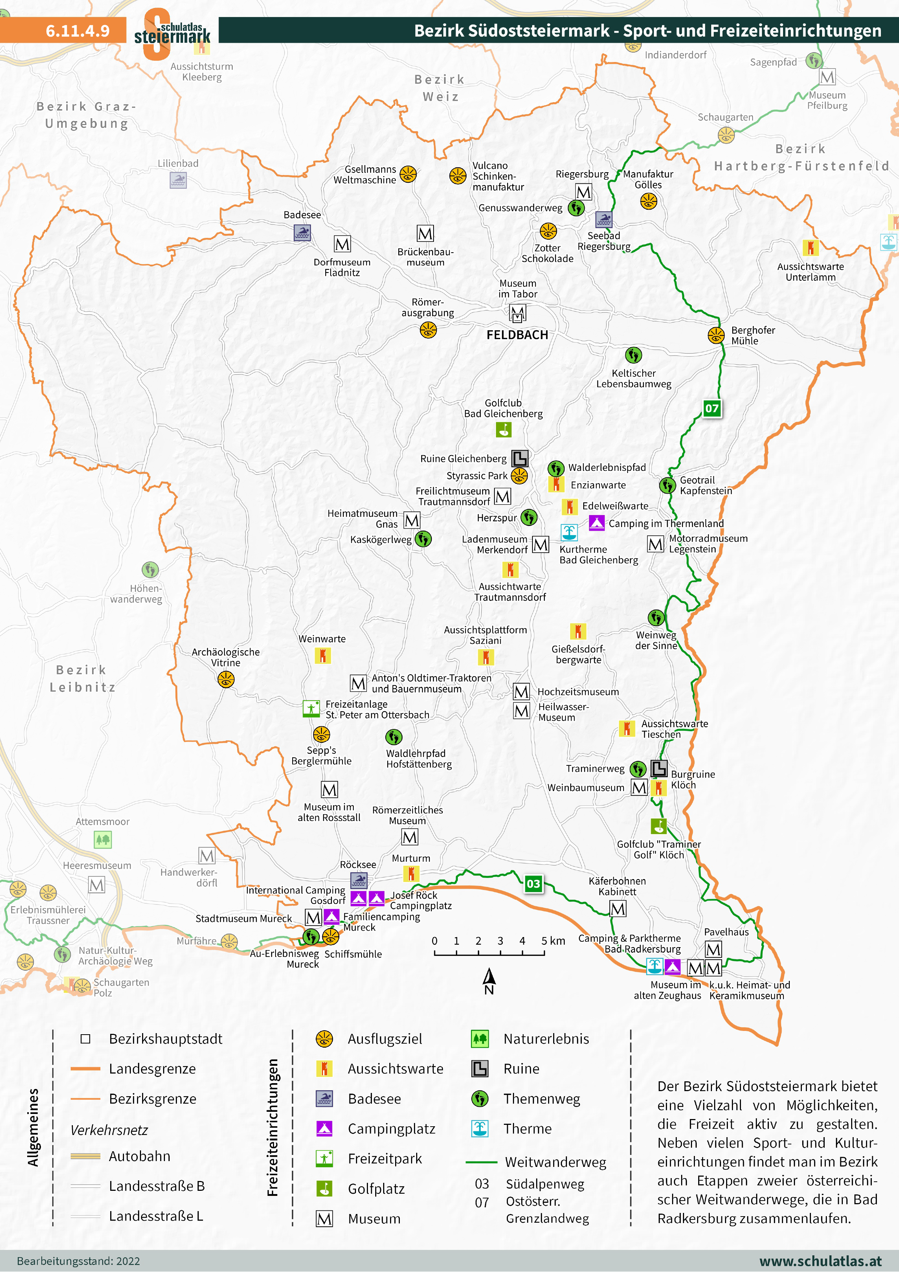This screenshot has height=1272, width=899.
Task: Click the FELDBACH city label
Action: coord(517,335)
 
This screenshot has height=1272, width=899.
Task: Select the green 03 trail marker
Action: coord(533,884)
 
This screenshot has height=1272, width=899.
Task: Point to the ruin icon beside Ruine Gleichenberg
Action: coord(519,458)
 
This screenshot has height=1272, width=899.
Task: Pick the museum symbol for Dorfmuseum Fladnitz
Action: coord(342,244)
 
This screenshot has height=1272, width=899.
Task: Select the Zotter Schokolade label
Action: coord(547,253)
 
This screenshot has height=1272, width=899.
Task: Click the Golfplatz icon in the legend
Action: coord(324,1188)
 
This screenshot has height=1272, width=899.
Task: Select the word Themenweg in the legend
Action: coord(541,1099)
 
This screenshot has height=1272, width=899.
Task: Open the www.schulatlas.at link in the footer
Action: coord(820,1261)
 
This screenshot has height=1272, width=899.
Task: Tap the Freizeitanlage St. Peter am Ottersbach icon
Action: coord(311,709)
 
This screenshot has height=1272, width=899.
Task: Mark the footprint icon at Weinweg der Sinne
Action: coord(656,617)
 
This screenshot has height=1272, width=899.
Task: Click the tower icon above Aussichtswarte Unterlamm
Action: coord(811,248)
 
